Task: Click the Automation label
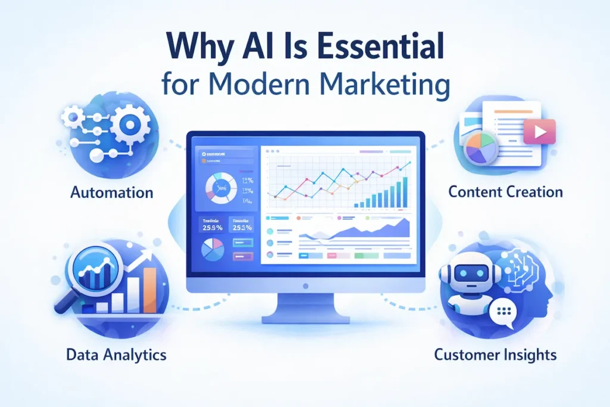tap(111, 192)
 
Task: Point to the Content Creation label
tap(505, 192)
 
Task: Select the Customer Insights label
tap(495, 355)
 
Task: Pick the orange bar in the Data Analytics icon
tap(150, 289)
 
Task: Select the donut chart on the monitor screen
tap(221, 188)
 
